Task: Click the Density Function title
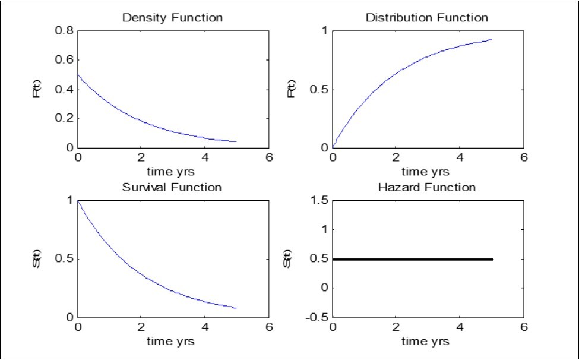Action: [172, 17]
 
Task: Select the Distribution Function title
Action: [426, 17]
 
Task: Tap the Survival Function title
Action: [172, 187]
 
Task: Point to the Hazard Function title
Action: [426, 187]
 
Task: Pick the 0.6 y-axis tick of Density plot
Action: [65, 60]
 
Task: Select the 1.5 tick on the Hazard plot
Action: [319, 200]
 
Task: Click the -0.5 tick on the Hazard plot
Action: [316, 317]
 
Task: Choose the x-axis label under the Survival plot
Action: [172, 342]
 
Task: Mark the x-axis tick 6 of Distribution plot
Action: [523, 158]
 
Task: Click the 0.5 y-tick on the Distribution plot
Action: [319, 89]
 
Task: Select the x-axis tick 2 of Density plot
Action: [141, 158]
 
